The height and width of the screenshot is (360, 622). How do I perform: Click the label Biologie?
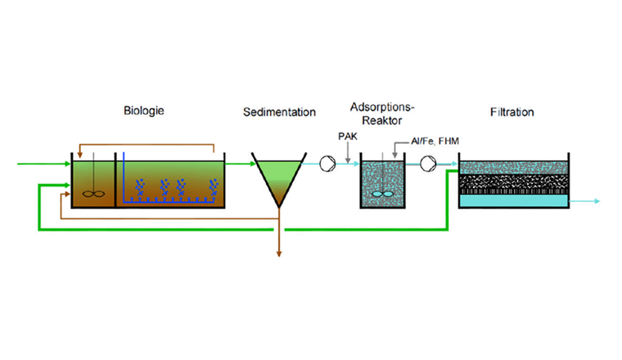click(144, 110)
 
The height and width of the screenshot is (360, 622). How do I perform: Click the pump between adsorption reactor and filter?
click(427, 164)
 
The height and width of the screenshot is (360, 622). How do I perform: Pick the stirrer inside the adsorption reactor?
click(380, 193)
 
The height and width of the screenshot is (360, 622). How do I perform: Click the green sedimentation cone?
click(279, 176)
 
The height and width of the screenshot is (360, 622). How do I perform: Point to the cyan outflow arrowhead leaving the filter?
click(597, 200)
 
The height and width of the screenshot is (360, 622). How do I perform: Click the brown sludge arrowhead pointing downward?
click(279, 256)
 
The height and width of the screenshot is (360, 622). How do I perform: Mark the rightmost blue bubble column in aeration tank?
click(215, 188)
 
